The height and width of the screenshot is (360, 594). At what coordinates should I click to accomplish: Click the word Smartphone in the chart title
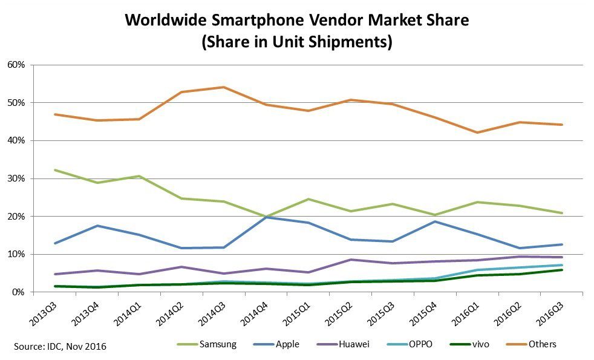250,21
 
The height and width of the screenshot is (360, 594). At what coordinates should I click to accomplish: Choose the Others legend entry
542,344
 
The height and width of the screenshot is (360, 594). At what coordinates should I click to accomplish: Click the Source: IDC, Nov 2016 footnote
60,346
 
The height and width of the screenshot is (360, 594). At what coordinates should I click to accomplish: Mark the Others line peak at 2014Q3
224,87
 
